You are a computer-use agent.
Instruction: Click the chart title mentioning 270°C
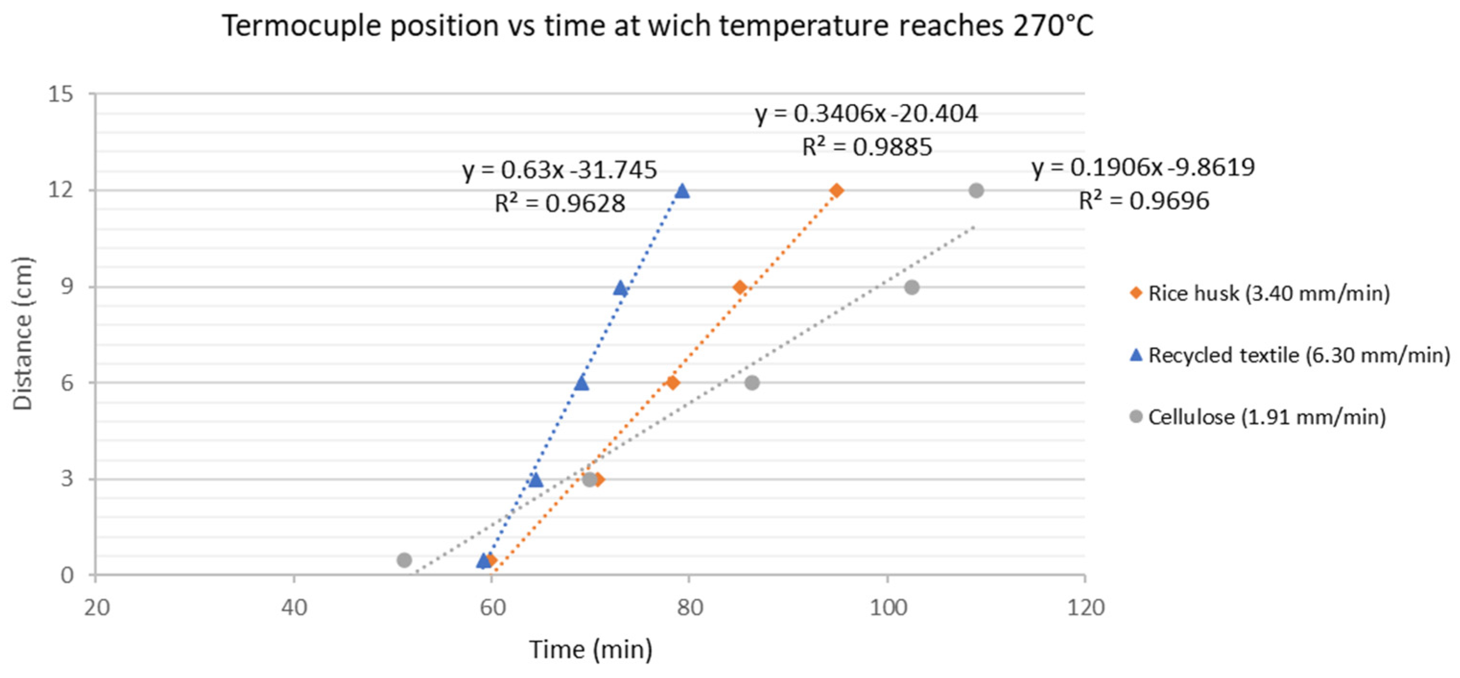click(658, 27)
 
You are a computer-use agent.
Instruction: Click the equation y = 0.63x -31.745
click(559, 170)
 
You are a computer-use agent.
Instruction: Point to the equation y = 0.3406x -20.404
click(867, 114)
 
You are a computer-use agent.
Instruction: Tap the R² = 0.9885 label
click(867, 147)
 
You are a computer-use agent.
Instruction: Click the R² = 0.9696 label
click(1143, 201)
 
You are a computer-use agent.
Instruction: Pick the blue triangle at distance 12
click(683, 191)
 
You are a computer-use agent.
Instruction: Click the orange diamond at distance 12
click(836, 190)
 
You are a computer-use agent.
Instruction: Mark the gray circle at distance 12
click(976, 190)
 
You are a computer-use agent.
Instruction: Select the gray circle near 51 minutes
click(404, 560)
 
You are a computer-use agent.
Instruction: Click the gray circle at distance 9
click(911, 287)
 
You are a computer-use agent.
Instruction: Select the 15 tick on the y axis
click(60, 94)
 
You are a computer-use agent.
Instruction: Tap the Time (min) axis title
click(590, 650)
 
